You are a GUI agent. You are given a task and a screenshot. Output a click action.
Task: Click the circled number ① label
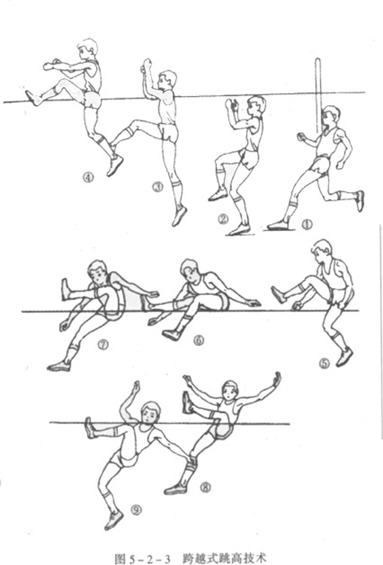tap(307, 224)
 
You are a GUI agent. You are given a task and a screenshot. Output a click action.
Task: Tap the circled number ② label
tap(223, 218)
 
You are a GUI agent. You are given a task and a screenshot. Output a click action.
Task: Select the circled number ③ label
tap(158, 187)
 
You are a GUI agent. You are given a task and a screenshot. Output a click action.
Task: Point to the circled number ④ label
tap(88, 177)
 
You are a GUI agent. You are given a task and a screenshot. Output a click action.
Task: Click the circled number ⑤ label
tap(324, 364)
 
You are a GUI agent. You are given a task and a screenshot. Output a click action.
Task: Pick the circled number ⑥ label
tap(199, 340)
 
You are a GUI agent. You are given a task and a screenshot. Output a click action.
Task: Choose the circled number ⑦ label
tap(103, 345)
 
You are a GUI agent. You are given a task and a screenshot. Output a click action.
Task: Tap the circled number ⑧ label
tap(205, 488)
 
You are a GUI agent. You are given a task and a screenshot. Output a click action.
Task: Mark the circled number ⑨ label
tap(136, 509)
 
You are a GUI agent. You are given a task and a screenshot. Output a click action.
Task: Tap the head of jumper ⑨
tap(149, 413)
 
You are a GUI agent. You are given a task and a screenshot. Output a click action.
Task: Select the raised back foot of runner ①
tap(360, 200)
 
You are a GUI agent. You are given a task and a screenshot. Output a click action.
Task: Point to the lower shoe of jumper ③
tap(179, 216)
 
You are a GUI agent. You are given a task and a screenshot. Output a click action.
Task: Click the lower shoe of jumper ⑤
tap(345, 356)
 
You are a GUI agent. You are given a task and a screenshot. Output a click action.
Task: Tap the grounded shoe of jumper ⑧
tap(176, 488)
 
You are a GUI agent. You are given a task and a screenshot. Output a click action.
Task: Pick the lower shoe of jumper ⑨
tap(114, 520)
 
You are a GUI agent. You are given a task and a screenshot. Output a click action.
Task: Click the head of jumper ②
tap(257, 106)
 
